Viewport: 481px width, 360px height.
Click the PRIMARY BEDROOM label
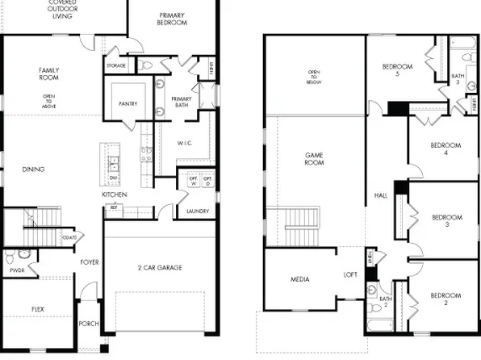(173, 19)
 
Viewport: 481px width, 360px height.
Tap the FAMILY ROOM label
(49, 74)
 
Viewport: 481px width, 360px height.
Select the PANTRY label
(128, 103)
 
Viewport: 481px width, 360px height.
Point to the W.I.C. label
(184, 144)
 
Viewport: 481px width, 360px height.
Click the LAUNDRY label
(197, 211)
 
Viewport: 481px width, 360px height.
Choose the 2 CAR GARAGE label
(159, 267)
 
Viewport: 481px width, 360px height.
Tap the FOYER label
(89, 262)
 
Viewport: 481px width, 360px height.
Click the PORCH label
(89, 324)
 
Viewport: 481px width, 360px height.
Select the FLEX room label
(38, 309)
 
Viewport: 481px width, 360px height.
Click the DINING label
(33, 169)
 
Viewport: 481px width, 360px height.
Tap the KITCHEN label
(113, 195)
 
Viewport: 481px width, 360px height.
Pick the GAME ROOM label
(314, 158)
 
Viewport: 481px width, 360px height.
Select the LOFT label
(350, 274)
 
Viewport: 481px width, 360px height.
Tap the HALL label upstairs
(382, 195)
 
